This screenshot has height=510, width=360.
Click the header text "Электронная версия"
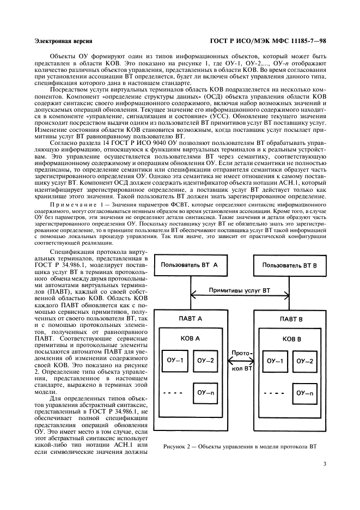coord(63,41)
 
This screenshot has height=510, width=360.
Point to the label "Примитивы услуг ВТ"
coord(240,290)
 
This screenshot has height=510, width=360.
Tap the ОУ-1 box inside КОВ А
coord(176,361)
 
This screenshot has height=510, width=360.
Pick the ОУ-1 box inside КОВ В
coord(274,361)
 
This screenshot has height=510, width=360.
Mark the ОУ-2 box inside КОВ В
coord(303,361)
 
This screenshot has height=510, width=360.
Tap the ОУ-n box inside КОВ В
coord(303,392)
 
